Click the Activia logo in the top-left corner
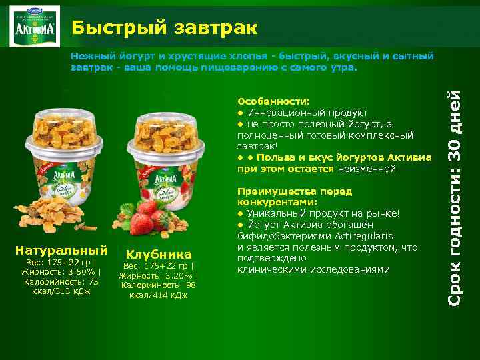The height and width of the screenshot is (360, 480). (x=34, y=27)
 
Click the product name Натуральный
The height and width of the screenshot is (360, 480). (x=61, y=250)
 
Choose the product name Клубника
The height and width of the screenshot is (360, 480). (x=158, y=254)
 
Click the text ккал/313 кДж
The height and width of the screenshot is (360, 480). (x=61, y=291)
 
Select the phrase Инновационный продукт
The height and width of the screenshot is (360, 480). (x=307, y=113)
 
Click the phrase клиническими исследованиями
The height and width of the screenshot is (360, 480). (x=313, y=270)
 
